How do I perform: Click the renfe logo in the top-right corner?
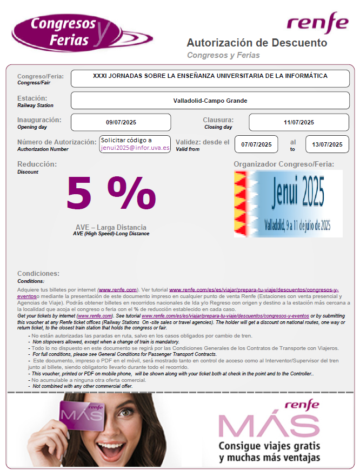(x=317, y=22)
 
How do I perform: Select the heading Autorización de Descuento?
(x=257, y=43)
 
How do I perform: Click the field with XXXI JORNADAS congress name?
(x=210, y=77)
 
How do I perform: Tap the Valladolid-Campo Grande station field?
(x=210, y=101)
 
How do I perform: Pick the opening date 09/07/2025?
(x=121, y=123)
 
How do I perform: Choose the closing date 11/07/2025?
(x=298, y=123)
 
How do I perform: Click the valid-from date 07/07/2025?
(x=256, y=144)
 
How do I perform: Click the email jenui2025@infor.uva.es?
(x=135, y=148)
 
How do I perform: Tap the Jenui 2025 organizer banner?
(x=288, y=203)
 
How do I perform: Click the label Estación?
(x=32, y=98)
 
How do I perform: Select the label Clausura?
(x=218, y=120)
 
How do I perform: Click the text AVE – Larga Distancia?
(x=111, y=227)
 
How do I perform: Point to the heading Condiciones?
(x=38, y=273)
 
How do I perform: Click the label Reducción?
(x=37, y=164)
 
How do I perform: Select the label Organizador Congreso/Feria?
(x=284, y=164)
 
